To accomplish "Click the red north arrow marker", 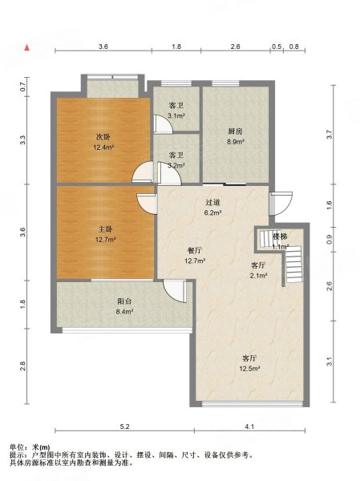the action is point(27,47).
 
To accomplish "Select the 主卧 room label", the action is point(105,229).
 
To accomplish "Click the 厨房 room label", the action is point(236,131).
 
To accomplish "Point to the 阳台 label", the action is point(124,301).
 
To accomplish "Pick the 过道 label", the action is point(213,203).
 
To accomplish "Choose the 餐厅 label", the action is point(195,251).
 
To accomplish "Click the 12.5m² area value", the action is point(249,369).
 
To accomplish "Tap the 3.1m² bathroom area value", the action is point(176,116).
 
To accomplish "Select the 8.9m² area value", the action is point(236,142).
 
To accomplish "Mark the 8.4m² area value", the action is point(124,312).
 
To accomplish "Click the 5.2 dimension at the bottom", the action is point(124,426).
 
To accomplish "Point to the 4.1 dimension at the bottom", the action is point(249,426).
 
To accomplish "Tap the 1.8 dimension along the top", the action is point(176,46).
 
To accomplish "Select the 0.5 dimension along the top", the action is point(277,46).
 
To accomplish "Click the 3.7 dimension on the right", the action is point(330,135).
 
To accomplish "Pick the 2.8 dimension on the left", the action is point(23,366).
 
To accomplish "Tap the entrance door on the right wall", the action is point(281,203).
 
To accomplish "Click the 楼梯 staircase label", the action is point(280,236).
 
